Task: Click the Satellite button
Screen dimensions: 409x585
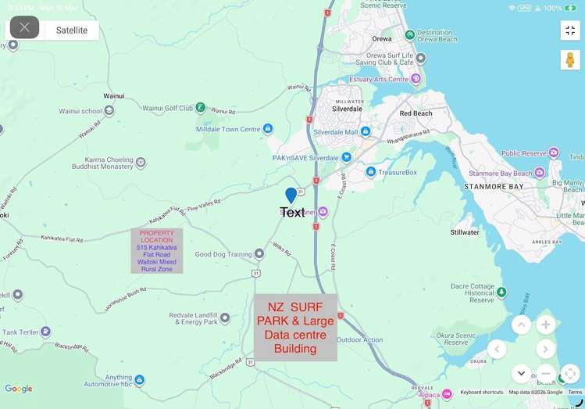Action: coord(71,30)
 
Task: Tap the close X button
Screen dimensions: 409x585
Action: coord(24,27)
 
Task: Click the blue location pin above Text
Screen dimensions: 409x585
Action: coord(291,196)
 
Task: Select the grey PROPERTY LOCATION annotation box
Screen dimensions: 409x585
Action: coord(156,250)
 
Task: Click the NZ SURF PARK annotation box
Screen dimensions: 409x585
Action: coord(295,328)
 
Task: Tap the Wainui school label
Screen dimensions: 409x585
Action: coord(80,111)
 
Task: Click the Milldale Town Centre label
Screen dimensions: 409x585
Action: coord(228,129)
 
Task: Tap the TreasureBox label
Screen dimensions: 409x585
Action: coord(398,172)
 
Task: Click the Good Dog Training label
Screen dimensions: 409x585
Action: coord(223,254)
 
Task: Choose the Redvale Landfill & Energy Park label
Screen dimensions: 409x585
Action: coord(193,318)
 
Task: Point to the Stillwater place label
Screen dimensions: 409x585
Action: coord(465,232)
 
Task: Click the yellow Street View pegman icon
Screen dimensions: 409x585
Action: coord(570,59)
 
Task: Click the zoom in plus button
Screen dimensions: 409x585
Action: coord(546,325)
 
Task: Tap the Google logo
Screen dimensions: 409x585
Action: coord(19,389)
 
